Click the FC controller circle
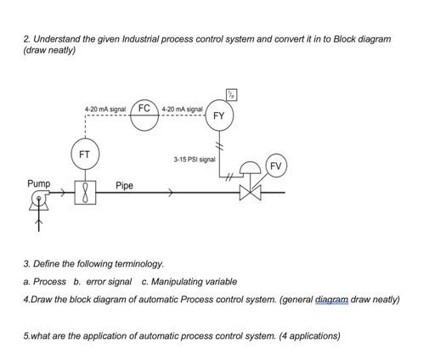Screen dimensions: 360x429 click(144, 112)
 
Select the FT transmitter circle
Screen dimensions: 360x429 click(84, 155)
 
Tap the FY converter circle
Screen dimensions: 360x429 click(218, 115)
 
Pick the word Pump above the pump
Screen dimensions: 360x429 click(38, 183)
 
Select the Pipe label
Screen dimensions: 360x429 click(124, 185)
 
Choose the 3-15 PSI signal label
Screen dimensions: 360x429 click(195, 159)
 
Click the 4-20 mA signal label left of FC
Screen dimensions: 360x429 click(104, 110)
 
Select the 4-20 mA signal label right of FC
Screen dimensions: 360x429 click(182, 110)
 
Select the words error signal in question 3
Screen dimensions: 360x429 click(108, 281)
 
